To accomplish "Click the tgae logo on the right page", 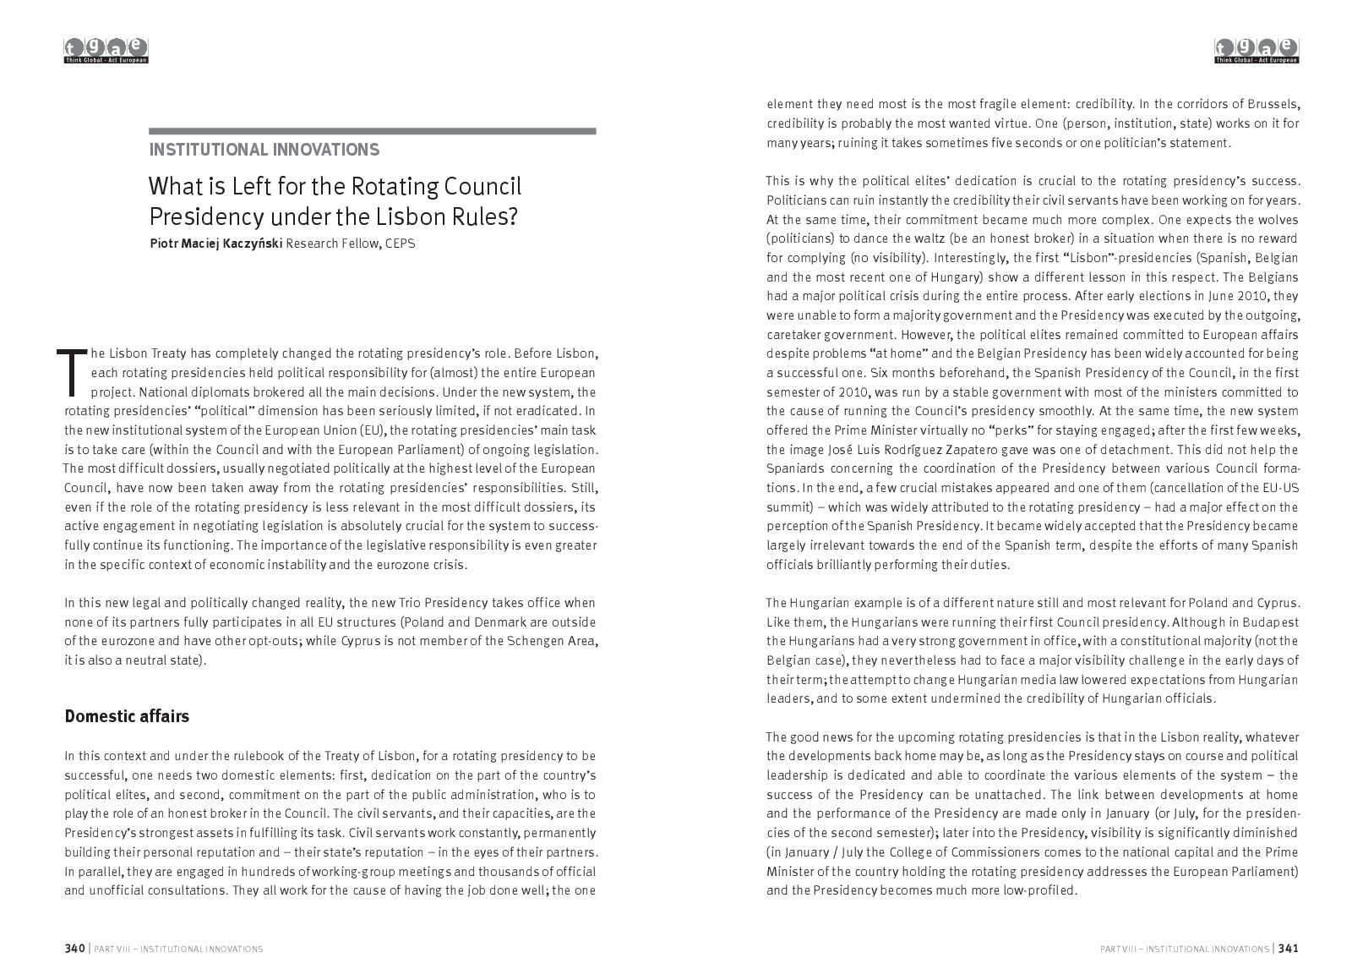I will click(x=1257, y=51).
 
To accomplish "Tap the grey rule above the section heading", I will click(x=373, y=131).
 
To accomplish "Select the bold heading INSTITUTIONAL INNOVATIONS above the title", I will click(x=264, y=151).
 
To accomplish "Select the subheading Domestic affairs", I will click(x=127, y=716).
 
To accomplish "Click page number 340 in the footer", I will click(x=75, y=949).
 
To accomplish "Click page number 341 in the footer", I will click(x=1288, y=949).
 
